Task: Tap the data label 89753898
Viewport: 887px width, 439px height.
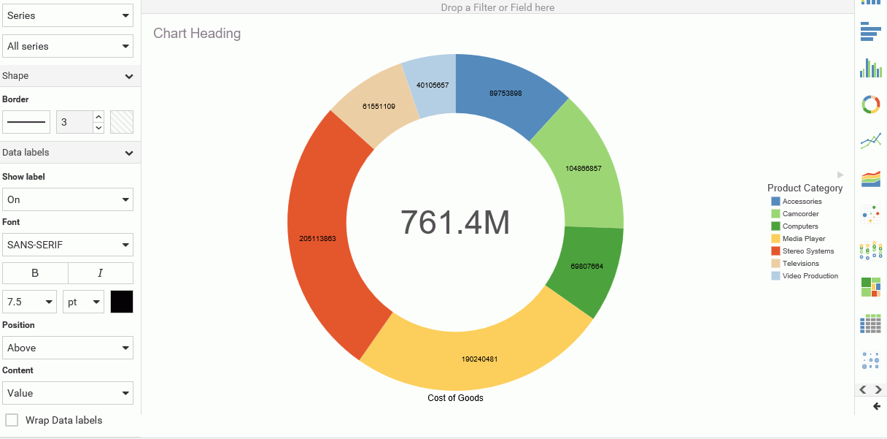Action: (x=506, y=93)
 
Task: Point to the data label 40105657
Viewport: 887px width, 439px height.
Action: (x=433, y=85)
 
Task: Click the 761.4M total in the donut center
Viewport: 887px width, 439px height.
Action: (x=455, y=222)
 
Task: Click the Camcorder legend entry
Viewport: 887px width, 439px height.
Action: (x=800, y=214)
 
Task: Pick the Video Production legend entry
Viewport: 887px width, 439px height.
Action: (x=810, y=276)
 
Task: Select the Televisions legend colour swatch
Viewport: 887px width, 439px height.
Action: (x=775, y=264)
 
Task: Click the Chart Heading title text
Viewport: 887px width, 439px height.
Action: (x=197, y=34)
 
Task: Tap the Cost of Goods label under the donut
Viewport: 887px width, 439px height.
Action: (x=455, y=398)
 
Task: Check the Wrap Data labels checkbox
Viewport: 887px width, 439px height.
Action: (x=12, y=420)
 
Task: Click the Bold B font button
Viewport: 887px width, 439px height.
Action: (x=35, y=273)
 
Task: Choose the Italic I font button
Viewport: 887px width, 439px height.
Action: (x=101, y=273)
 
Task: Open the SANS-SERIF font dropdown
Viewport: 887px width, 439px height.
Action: (x=68, y=245)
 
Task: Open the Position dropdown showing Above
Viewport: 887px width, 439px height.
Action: (x=68, y=348)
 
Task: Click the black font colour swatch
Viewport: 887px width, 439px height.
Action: (x=122, y=302)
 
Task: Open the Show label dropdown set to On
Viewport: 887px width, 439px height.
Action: (x=68, y=199)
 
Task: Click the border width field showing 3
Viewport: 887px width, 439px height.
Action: (x=74, y=122)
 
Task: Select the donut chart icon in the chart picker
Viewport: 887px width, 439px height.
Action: (x=871, y=104)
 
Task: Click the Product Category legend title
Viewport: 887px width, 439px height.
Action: (x=805, y=188)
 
